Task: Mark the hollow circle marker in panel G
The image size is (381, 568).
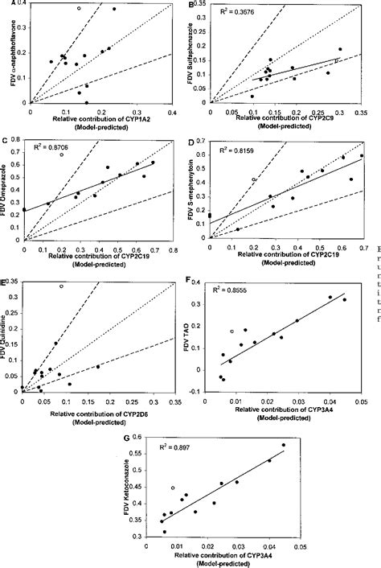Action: (173, 488)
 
